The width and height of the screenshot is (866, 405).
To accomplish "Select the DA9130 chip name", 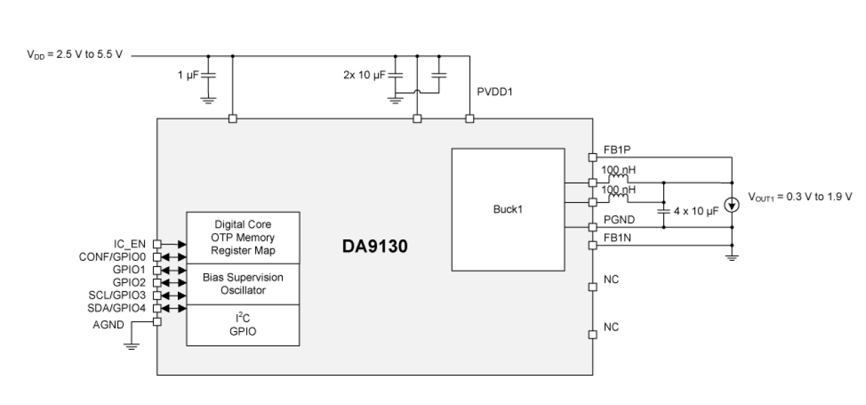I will [x=376, y=246].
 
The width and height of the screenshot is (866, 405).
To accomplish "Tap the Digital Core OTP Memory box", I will [x=243, y=237].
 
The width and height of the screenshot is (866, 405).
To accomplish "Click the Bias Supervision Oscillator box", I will [x=243, y=283].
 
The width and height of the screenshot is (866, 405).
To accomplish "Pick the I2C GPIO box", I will [x=243, y=324].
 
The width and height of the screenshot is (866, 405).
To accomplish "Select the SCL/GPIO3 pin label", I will [x=118, y=295].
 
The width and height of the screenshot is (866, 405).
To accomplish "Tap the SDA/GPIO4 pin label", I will [x=118, y=308].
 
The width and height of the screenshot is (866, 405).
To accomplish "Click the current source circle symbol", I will [x=732, y=204].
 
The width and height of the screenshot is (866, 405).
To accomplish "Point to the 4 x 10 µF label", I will [x=696, y=211].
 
